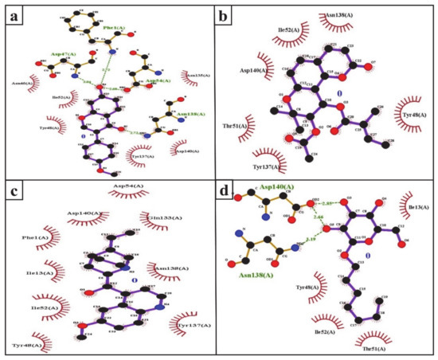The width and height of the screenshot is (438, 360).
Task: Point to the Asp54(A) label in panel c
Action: (x=127, y=188)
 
